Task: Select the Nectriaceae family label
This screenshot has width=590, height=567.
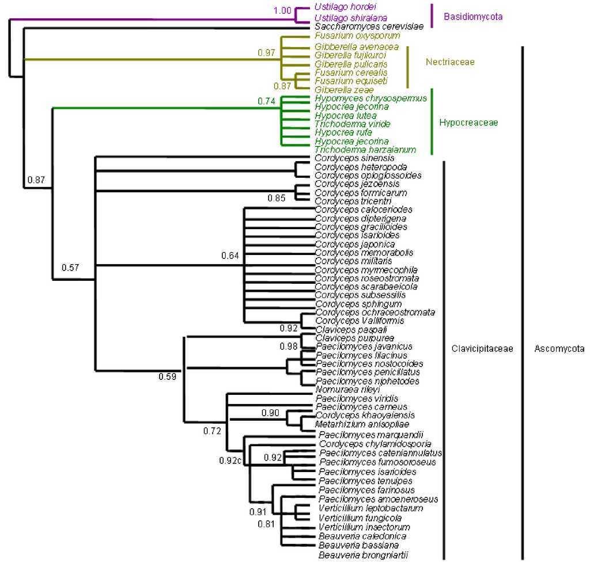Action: tap(450, 62)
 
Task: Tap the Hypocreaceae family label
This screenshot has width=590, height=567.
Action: tap(468, 123)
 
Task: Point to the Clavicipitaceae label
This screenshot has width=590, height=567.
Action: tap(482, 349)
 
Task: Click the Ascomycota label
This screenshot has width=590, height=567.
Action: tap(559, 349)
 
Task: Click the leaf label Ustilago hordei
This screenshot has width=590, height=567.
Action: tap(345, 7)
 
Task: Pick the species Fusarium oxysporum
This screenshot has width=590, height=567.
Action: tap(350, 36)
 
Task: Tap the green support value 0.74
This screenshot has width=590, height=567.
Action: tap(267, 101)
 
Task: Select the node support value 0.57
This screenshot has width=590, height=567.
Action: tap(70, 267)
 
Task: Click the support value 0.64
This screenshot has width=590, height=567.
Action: tap(230, 256)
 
